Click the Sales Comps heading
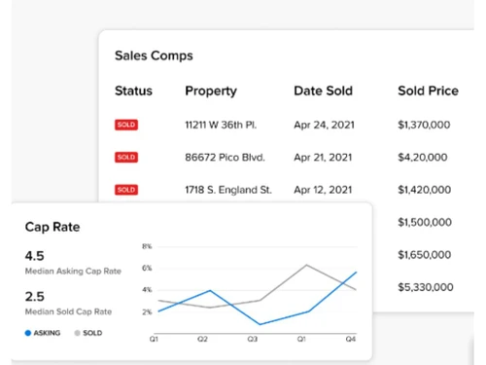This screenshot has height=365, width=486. (154, 56)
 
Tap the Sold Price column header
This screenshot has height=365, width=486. (428, 91)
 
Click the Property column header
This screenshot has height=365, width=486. (211, 91)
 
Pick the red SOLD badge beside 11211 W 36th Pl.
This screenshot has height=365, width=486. (126, 126)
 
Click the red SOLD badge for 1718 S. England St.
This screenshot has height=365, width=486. (126, 190)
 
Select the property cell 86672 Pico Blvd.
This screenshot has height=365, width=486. (225, 157)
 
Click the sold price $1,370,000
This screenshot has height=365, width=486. (425, 125)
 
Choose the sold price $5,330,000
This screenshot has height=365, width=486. (425, 287)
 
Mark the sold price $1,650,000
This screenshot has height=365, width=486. (425, 255)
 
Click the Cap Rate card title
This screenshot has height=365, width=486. (52, 227)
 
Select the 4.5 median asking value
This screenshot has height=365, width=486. (35, 257)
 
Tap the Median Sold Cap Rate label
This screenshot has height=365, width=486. (68, 312)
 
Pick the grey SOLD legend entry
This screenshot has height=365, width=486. (89, 333)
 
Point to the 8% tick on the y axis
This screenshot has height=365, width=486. (147, 246)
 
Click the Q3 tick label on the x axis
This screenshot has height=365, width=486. (251, 339)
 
